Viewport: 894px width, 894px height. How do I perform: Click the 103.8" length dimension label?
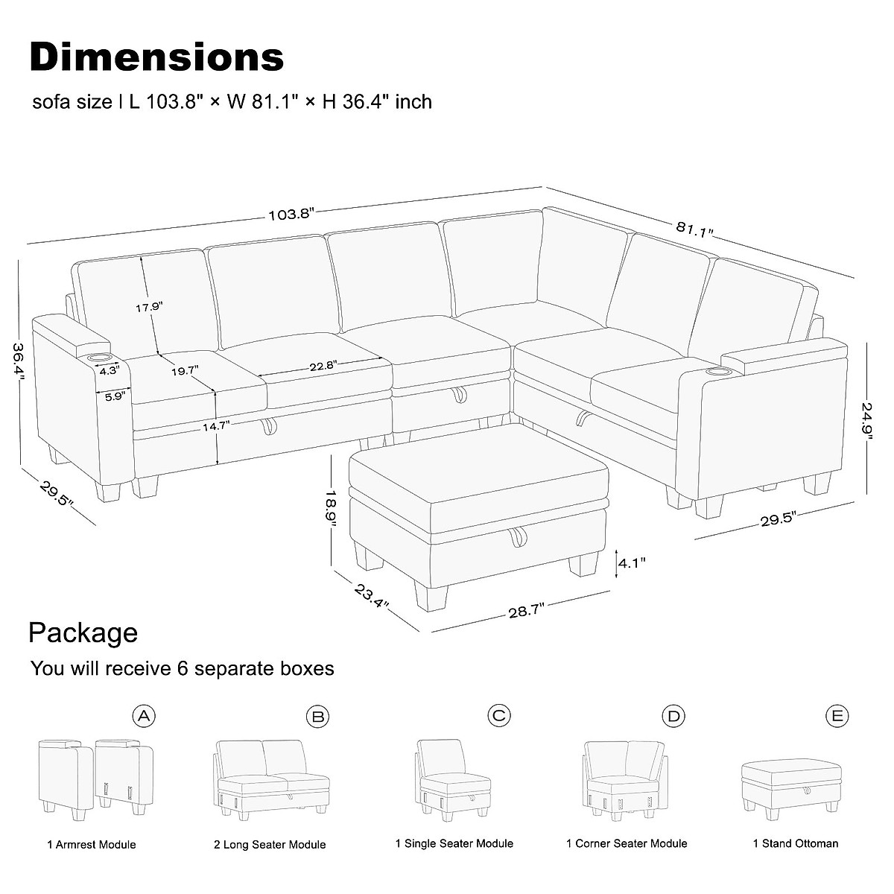pyautogui.click(x=291, y=215)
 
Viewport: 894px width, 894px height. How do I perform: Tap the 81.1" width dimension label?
pyautogui.click(x=695, y=229)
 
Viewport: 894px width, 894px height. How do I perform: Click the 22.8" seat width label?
pyautogui.click(x=323, y=365)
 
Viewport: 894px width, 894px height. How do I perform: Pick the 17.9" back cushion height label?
pyautogui.click(x=148, y=306)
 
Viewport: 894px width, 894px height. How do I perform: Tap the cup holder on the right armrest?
pyautogui.click(x=718, y=370)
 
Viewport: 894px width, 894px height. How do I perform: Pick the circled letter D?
pyautogui.click(x=673, y=717)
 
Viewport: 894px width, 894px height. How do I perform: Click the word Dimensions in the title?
pyautogui.click(x=157, y=57)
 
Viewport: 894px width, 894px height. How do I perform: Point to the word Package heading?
pyautogui.click(x=83, y=633)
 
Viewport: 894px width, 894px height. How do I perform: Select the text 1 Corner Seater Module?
pyautogui.click(x=627, y=843)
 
